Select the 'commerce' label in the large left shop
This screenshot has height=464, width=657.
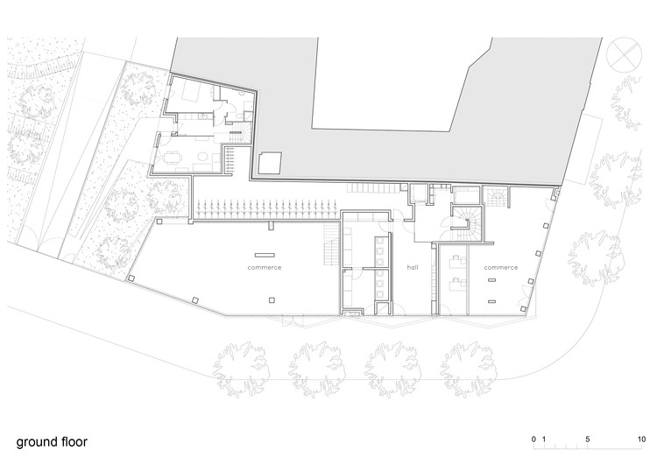click(264, 267)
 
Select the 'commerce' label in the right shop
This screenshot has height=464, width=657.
click(500, 267)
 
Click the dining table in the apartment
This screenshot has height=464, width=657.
click(172, 158)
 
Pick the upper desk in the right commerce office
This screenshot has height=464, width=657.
click(455, 259)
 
